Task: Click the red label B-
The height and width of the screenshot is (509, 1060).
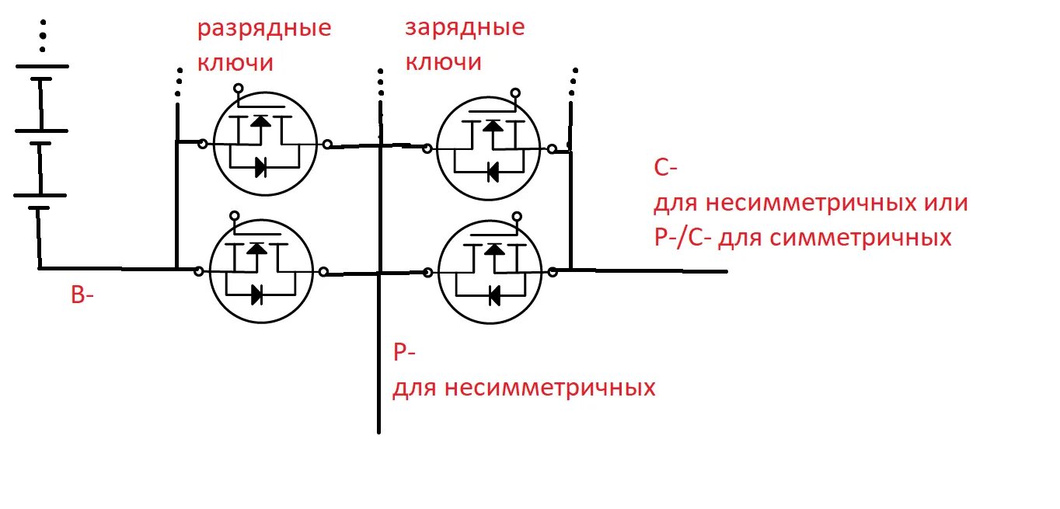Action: click(x=82, y=295)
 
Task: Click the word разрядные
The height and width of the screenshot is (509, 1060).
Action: click(x=263, y=30)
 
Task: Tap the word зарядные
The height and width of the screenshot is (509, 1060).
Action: click(x=465, y=29)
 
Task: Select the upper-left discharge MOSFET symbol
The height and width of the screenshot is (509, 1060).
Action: click(x=265, y=144)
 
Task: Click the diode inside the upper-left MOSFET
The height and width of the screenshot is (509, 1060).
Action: click(x=260, y=166)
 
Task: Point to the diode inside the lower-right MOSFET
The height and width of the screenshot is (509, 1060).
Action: click(x=492, y=295)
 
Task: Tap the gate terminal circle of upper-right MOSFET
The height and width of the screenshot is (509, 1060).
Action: click(x=515, y=93)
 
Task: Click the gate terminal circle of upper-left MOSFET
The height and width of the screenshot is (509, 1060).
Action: click(x=239, y=89)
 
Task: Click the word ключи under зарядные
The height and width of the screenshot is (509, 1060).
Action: click(x=443, y=62)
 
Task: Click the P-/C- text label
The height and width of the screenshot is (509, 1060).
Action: click(x=683, y=237)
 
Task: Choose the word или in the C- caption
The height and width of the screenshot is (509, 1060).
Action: click(x=945, y=204)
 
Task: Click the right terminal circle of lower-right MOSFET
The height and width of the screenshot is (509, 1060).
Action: click(x=553, y=271)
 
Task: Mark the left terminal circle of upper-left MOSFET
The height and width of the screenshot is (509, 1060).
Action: click(x=202, y=144)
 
